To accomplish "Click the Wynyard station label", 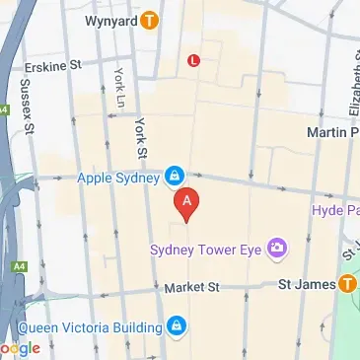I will (110, 19).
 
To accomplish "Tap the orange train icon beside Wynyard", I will (149, 19).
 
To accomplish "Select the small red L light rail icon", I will (193, 60).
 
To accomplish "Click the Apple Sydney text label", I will (121, 178).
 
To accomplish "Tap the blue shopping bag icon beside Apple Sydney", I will (174, 177).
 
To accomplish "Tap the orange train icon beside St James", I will (345, 285).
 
